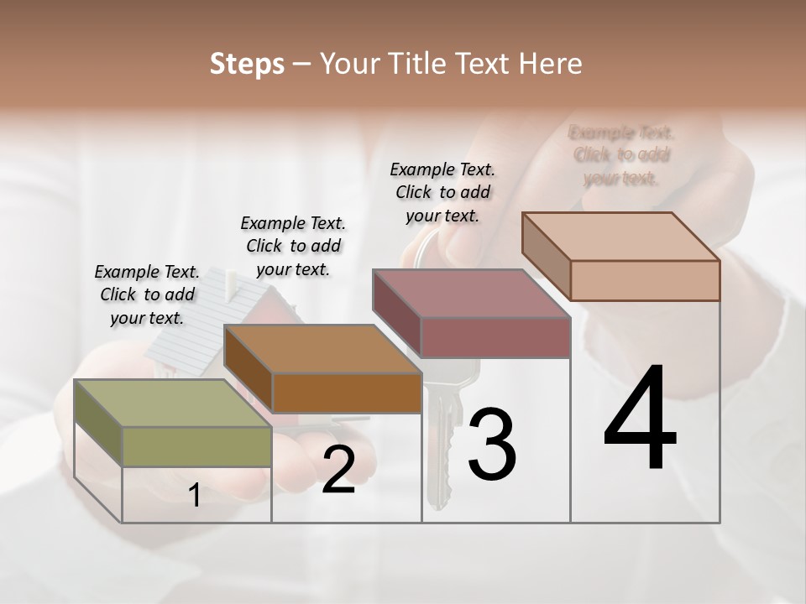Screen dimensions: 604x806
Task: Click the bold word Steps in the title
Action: (247, 64)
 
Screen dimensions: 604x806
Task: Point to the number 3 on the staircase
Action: (491, 444)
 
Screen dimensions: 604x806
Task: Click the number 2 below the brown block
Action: (338, 471)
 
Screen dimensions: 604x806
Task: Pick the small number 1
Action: (195, 496)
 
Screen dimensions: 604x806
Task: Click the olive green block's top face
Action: (172, 404)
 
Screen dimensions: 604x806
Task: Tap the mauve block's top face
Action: (471, 294)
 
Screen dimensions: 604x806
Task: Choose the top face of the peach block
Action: (620, 237)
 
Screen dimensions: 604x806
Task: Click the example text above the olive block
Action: (148, 294)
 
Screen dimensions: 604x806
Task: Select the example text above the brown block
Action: (293, 246)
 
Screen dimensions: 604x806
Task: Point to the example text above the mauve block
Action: (442, 192)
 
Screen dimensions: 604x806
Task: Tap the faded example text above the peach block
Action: (621, 154)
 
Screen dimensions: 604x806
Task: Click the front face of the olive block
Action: (196, 446)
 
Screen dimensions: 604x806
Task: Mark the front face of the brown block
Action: (346, 393)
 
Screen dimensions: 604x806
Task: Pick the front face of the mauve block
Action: (495, 338)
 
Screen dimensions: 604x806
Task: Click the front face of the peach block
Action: (645, 280)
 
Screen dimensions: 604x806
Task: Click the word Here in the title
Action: (553, 64)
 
